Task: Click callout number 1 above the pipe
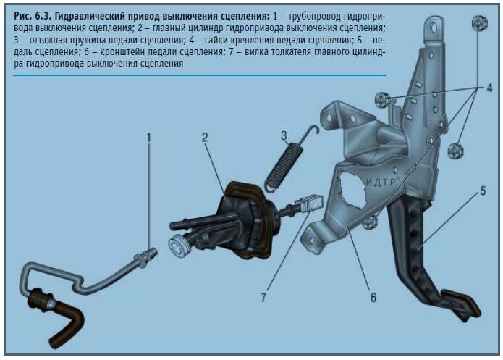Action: (x=148, y=135)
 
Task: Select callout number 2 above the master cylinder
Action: (x=206, y=135)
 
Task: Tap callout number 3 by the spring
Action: (x=284, y=134)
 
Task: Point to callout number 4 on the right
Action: (x=489, y=88)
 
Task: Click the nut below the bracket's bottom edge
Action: (x=370, y=222)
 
